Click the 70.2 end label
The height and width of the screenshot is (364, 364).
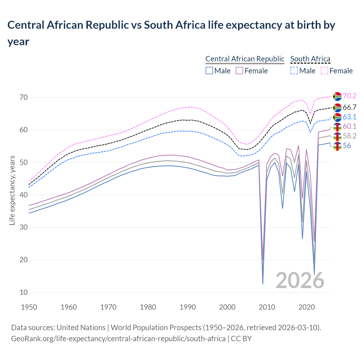pyautogui.click(x=349, y=96)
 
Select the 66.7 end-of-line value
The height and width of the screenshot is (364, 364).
pyautogui.click(x=349, y=107)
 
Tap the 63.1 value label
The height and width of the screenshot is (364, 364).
pyautogui.click(x=349, y=117)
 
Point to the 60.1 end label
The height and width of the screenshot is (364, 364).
pyautogui.click(x=349, y=126)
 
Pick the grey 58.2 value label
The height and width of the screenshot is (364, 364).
pyautogui.click(x=349, y=136)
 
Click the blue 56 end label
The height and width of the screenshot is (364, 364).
pyautogui.click(x=347, y=146)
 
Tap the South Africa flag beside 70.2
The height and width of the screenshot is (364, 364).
pyautogui.click(x=337, y=96)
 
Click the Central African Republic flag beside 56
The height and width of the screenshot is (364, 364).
pyautogui.click(x=337, y=146)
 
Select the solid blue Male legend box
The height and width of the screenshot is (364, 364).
pyautogui.click(x=209, y=71)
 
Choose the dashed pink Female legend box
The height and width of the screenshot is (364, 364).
pyautogui.click(x=324, y=71)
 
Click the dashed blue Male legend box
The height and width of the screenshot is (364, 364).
pyautogui.click(x=294, y=71)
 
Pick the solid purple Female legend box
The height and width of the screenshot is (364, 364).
pyautogui.click(x=239, y=71)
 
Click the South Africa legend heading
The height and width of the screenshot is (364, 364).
pyautogui.click(x=310, y=59)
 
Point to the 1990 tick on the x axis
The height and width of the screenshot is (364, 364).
pyautogui.click(x=188, y=307)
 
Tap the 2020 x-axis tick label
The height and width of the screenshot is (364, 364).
pyautogui.click(x=307, y=307)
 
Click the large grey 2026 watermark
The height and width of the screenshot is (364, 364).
pyautogui.click(x=300, y=280)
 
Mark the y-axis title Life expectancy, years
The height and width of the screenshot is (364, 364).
pyautogui.click(x=12, y=190)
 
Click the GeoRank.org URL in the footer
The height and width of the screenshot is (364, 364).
pyautogui.click(x=118, y=339)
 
